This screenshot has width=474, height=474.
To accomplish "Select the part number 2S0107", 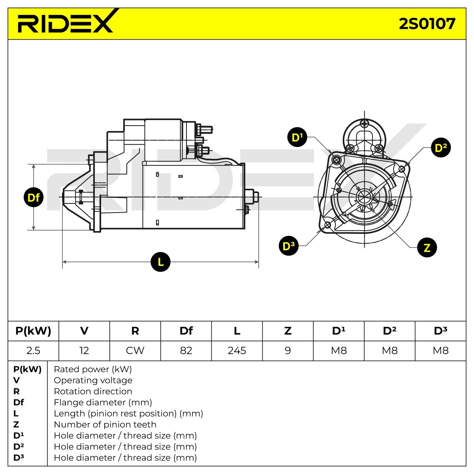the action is (x=427, y=24).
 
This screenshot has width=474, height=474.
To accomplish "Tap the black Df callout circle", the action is (x=34, y=197).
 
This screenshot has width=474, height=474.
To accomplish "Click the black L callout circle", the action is (x=160, y=262).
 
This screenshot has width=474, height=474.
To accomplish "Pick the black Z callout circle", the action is (x=427, y=247).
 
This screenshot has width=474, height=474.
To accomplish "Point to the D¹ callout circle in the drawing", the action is (x=297, y=137).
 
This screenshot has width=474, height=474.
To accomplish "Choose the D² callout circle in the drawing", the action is (x=441, y=148).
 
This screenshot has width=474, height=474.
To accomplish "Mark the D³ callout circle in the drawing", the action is (x=288, y=245).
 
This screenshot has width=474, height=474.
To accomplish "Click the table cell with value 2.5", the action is (x=33, y=351).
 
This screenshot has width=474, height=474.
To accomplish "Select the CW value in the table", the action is (x=135, y=351).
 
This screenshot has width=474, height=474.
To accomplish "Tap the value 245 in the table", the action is (x=237, y=351).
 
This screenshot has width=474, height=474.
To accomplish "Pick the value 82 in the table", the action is (x=186, y=351).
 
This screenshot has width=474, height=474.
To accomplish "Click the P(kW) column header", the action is (x=33, y=331).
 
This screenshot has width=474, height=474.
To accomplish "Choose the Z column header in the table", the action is (x=288, y=331).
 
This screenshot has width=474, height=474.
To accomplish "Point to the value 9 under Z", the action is (x=288, y=351).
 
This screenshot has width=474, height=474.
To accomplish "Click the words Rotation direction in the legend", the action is (x=93, y=391).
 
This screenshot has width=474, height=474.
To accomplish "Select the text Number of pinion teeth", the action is (x=105, y=425).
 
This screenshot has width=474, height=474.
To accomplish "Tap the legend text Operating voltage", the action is (x=93, y=380).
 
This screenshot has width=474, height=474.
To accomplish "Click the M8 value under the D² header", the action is (x=389, y=351).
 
